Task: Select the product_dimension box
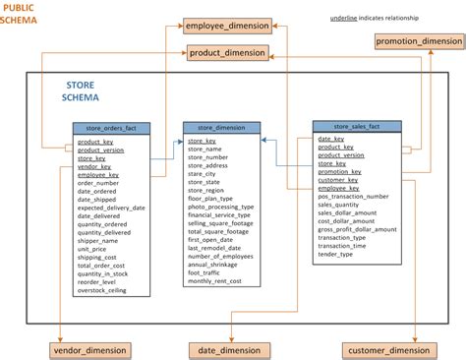click(x=228, y=52)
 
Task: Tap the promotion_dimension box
click(x=418, y=41)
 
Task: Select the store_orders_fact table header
click(x=111, y=128)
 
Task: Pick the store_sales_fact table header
click(x=356, y=126)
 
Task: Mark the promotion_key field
click(x=340, y=170)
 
